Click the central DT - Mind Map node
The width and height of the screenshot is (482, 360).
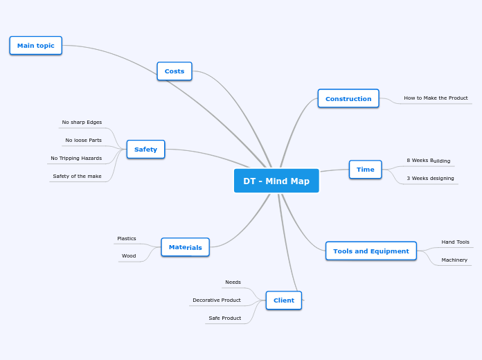(276, 181)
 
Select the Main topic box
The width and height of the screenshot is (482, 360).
(36, 46)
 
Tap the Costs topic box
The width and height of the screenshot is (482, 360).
(175, 71)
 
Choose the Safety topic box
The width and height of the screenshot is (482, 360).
(145, 150)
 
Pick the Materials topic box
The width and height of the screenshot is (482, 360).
(185, 247)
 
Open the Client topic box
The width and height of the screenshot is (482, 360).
(284, 300)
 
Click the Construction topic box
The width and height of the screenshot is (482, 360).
(348, 99)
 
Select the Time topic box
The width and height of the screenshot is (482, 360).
(365, 170)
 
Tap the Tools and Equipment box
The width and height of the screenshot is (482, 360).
(371, 251)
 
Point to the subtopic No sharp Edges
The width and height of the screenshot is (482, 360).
(82, 123)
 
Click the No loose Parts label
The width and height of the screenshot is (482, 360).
(83, 141)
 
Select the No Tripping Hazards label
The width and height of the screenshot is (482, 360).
(76, 159)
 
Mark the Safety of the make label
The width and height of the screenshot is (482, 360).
(77, 177)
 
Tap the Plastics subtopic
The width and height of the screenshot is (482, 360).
(127, 239)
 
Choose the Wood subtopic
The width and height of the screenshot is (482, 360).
(129, 256)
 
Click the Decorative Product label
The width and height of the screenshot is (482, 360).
(217, 300)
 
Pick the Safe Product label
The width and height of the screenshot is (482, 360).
(225, 318)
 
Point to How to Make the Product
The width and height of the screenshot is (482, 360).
(436, 98)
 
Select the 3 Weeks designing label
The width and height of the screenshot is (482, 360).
(430, 179)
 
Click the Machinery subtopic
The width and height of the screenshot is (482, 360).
(454, 260)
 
